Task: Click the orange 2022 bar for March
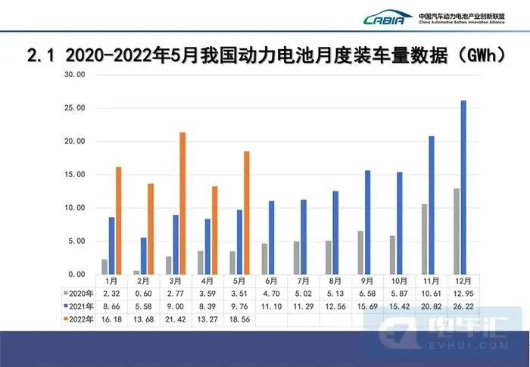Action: tap(182, 204)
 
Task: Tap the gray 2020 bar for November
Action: tap(424, 239)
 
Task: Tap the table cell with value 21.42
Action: tap(177, 319)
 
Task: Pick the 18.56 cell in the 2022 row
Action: tap(241, 319)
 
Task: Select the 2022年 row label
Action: tap(79, 319)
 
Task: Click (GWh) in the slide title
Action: tap(481, 54)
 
